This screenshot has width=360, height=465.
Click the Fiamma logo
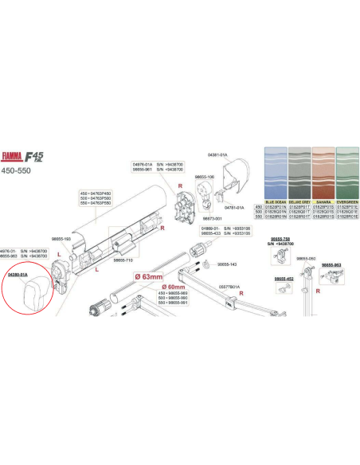[x=20, y=157]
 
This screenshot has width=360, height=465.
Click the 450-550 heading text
[x=17, y=170]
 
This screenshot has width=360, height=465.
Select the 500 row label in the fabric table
[x=258, y=213]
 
